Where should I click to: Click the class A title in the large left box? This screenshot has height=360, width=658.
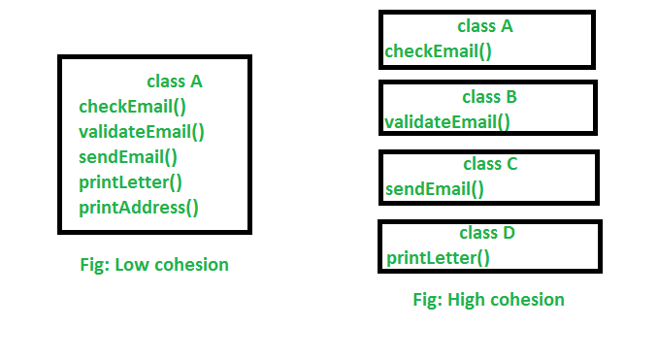click(x=175, y=82)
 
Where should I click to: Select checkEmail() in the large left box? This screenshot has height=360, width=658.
click(x=132, y=107)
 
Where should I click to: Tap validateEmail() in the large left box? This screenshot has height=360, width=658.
click(x=142, y=131)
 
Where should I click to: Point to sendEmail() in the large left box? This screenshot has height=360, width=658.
click(x=128, y=156)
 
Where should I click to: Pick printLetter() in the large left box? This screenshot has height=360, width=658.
click(x=130, y=181)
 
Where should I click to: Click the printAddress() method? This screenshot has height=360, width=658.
click(x=138, y=207)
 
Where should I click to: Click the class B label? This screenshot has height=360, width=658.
click(x=489, y=97)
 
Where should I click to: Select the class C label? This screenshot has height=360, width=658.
click(x=490, y=164)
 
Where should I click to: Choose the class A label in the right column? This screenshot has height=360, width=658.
click(x=485, y=26)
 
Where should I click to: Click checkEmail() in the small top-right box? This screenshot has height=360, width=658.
click(x=439, y=50)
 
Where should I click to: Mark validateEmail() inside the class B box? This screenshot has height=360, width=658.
click(x=447, y=121)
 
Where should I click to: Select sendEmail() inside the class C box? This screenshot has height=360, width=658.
click(x=434, y=188)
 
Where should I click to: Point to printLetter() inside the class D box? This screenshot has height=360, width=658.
click(x=439, y=257)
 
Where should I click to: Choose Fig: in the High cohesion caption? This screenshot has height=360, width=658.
click(x=427, y=300)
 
